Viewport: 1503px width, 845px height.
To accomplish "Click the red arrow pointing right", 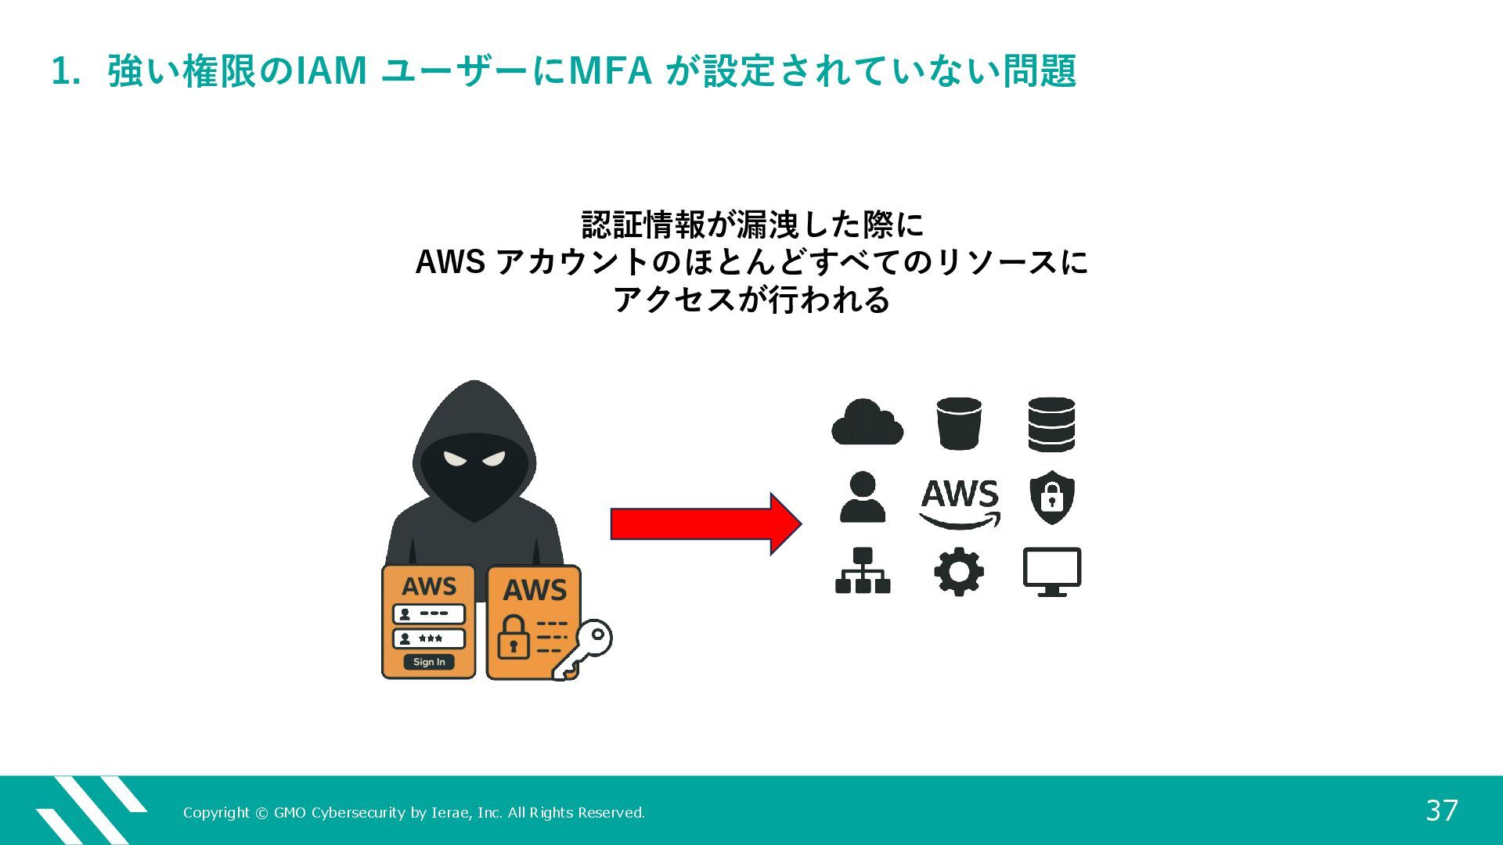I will [705, 524].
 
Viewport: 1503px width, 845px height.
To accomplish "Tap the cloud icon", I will [867, 423].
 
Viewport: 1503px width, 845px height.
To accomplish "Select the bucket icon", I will [959, 423].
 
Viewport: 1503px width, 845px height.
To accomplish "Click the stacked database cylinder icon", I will [1051, 424].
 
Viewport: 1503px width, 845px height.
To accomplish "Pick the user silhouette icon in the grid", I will [863, 498].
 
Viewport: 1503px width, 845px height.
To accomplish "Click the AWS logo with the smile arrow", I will [960, 503].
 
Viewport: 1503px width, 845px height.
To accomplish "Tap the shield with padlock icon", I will [1051, 498].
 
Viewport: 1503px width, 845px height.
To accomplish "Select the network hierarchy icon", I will [863, 571].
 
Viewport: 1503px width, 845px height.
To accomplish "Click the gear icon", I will [959, 572].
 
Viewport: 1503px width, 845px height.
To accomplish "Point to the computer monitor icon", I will [1052, 571].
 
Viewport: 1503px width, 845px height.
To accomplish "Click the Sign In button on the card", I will [429, 662].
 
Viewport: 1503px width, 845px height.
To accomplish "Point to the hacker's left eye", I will [455, 458].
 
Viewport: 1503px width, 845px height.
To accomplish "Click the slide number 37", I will [1442, 811].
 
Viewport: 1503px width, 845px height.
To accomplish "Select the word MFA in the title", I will [610, 70].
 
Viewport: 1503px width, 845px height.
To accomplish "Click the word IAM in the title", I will [331, 70].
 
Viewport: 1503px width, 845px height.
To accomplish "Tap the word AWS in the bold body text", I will [450, 262].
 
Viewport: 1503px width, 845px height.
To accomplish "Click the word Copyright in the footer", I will [216, 813].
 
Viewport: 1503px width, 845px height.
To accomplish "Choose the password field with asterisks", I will [429, 638].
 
